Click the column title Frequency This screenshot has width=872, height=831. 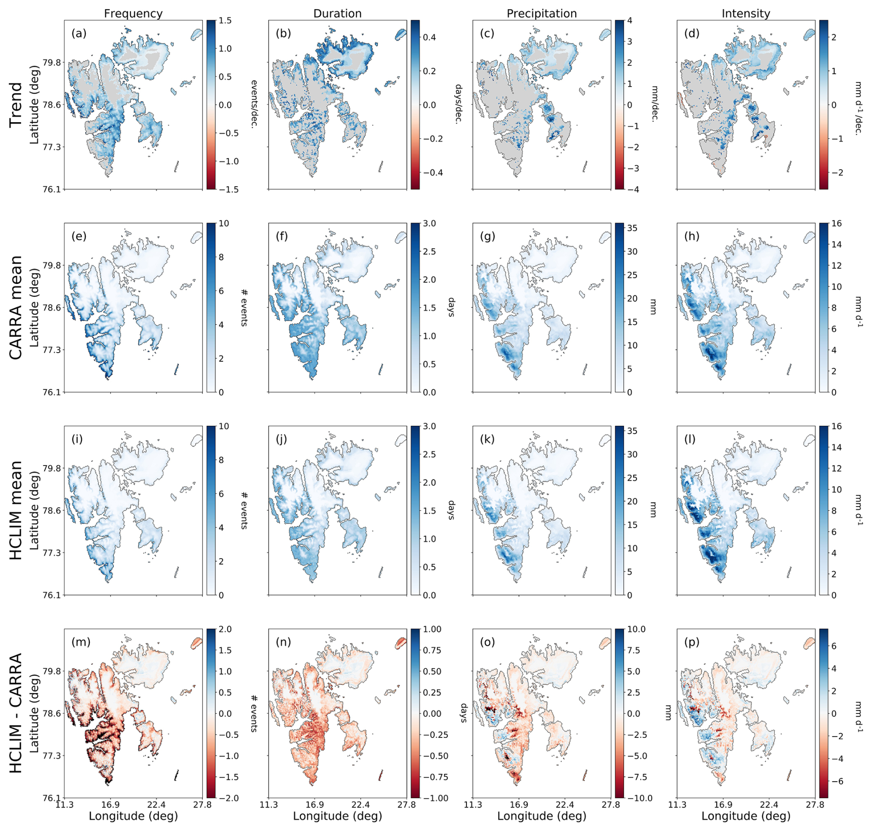click(133, 13)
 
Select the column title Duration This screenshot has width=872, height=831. click(337, 13)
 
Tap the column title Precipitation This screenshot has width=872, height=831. click(542, 13)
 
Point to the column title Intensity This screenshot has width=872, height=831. click(746, 13)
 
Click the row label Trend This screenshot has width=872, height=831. click(16, 105)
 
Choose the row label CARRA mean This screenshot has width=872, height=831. click(16, 307)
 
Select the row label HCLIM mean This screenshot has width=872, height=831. click(16, 510)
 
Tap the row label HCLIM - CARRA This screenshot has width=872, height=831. click(16, 713)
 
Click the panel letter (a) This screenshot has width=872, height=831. click(79, 33)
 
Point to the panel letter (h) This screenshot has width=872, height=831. click(692, 236)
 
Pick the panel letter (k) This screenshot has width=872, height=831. click(487, 439)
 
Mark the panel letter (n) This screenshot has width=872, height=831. click(283, 642)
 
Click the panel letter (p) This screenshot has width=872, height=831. click(692, 642)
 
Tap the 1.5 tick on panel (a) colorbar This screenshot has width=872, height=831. click(225, 21)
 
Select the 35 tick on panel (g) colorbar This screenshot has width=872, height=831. click(632, 228)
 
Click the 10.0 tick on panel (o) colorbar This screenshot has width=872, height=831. click(637, 629)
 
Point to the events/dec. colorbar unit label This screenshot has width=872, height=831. click(253, 104)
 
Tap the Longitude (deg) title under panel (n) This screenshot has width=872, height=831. click(337, 816)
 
